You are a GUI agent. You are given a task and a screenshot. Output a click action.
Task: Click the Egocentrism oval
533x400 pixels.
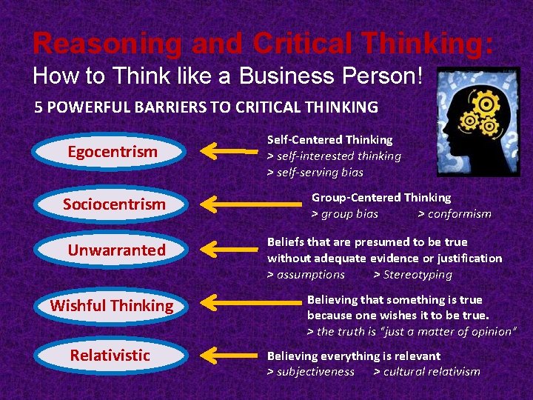113,153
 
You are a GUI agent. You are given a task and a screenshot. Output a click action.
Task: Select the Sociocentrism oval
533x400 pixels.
113,204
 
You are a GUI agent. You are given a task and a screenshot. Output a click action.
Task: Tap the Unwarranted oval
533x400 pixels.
117,250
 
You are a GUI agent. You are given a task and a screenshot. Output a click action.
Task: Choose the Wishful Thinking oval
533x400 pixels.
111,305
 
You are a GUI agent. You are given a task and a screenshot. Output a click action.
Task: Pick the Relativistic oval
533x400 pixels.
110,356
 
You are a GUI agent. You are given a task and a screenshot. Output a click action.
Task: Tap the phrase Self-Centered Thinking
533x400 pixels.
329,139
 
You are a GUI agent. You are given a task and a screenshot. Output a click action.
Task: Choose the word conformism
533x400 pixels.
455,214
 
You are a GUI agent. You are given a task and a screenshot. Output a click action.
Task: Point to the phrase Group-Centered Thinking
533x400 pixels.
381,198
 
